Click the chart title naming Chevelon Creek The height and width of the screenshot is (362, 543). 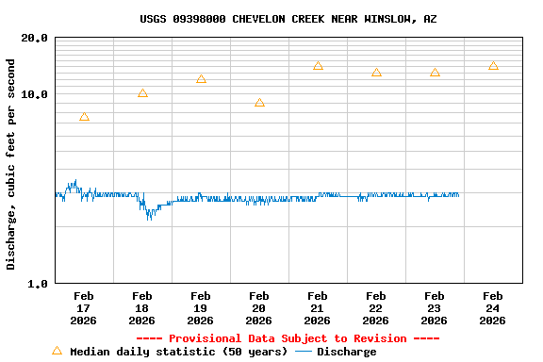click(x=288, y=19)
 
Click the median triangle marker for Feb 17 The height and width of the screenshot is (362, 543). click(x=84, y=117)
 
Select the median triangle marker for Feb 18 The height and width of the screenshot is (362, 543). click(x=142, y=93)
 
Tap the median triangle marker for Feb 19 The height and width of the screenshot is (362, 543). click(x=201, y=79)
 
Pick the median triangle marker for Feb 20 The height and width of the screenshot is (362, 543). click(x=259, y=103)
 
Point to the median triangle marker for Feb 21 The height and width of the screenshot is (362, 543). click(x=318, y=66)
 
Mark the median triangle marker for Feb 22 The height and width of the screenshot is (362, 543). click(x=376, y=73)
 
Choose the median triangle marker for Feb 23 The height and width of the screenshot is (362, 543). click(x=435, y=73)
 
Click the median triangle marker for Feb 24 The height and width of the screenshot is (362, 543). click(x=493, y=66)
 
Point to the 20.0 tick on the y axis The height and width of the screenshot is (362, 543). click(x=35, y=38)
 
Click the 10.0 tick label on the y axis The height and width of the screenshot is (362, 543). click(x=35, y=94)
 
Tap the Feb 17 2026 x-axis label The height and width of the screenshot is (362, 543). click(x=84, y=307)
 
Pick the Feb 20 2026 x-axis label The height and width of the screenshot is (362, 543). click(x=259, y=307)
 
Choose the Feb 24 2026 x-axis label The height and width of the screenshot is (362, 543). click(x=493, y=307)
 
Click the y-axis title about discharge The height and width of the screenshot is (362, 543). click(x=11, y=164)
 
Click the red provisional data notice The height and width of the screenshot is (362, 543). click(x=288, y=338)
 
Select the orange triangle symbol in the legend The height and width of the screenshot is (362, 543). click(x=57, y=351)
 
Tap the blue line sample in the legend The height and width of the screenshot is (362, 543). click(x=304, y=352)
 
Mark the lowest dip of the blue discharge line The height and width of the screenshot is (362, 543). click(x=149, y=219)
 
